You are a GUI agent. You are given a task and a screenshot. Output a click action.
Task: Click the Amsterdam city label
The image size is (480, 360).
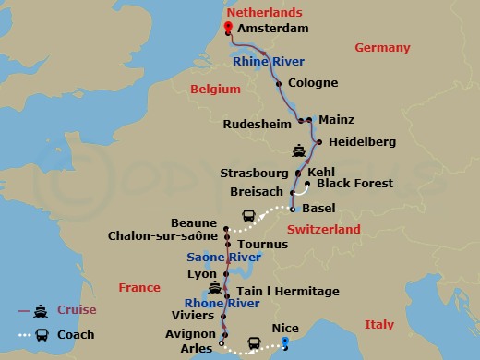tap(272, 29)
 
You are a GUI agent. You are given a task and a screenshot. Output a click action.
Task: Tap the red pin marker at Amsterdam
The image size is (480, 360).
tap(230, 24)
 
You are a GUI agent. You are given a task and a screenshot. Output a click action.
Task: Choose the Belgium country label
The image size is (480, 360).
tap(215, 90)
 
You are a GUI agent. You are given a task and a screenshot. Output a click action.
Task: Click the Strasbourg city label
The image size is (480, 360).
tap(254, 173)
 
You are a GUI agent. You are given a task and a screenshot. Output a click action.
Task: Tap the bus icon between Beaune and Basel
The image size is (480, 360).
tap(248, 216)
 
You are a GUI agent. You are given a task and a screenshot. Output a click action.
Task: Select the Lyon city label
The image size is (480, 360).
tap(201, 274)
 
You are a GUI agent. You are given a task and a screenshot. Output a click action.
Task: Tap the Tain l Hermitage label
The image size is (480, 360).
tap(289, 291)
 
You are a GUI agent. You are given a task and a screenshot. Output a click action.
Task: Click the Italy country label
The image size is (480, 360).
tap(379, 324)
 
